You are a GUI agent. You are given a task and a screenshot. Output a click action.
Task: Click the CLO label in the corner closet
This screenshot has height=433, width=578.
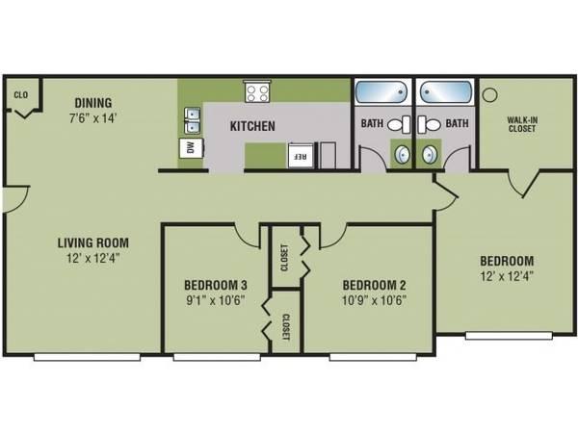[19, 94]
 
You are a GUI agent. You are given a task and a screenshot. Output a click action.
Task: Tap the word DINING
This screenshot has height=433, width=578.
[92, 103]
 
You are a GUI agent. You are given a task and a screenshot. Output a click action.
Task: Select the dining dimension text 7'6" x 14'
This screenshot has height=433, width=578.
[92, 118]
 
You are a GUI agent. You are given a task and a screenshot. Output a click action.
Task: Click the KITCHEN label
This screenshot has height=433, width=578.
[252, 126]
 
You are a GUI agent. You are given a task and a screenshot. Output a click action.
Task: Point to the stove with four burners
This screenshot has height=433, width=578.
[257, 92]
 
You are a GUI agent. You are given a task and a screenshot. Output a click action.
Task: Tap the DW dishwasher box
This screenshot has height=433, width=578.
[190, 147]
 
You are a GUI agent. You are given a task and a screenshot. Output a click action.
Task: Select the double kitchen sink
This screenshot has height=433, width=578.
[191, 119]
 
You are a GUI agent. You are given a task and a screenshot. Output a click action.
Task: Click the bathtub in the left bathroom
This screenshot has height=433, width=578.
[381, 93]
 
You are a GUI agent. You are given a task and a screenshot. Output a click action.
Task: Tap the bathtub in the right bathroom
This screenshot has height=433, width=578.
[444, 93]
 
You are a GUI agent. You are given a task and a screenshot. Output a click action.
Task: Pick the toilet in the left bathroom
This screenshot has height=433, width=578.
[405, 123]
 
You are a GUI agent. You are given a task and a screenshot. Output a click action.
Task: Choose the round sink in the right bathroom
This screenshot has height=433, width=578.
[428, 153]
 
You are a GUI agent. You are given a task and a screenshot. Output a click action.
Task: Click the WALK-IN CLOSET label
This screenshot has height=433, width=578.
[523, 126]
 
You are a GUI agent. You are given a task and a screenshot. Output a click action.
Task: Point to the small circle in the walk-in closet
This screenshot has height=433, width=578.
[488, 94]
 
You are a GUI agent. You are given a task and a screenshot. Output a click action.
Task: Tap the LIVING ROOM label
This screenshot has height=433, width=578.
[92, 242]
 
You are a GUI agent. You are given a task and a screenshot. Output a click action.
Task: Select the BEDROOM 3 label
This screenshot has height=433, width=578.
[215, 285]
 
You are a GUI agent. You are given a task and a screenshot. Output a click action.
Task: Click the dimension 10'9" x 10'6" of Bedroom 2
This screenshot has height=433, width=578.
[373, 299]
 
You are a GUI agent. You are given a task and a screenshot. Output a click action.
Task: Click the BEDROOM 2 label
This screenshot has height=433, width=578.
[373, 285]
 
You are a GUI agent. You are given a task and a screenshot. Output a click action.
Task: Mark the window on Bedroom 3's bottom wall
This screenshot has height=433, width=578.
[215, 357]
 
